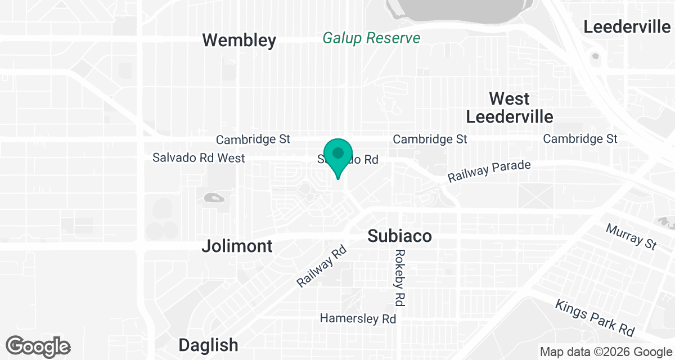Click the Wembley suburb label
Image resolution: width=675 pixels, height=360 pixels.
(239, 40)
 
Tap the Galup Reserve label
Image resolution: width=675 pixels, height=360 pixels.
(371, 38)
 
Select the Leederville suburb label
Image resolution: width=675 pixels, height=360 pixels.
(627, 26)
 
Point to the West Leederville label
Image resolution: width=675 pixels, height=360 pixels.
(509, 107)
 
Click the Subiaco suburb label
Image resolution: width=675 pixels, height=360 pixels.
(399, 236)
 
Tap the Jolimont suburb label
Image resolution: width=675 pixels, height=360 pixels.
(237, 246)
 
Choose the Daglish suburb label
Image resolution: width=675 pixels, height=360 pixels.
(208, 345)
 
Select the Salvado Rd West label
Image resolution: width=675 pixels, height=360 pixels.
(199, 158)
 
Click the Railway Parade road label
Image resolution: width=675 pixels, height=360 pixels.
(489, 172)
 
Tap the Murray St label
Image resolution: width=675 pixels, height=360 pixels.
(632, 236)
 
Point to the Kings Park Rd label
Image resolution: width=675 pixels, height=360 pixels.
(595, 318)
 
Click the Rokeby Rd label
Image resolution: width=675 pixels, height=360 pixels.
(400, 277)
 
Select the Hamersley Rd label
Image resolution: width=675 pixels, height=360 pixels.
(358, 318)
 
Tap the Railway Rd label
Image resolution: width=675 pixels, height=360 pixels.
(321, 267)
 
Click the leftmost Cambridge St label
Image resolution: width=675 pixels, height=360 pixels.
(253, 139)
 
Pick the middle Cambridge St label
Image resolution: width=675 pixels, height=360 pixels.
(430, 139)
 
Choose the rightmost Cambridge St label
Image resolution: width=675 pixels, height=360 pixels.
(580, 138)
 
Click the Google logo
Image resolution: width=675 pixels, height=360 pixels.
(38, 346)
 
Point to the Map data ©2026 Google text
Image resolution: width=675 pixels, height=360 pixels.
(605, 352)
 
